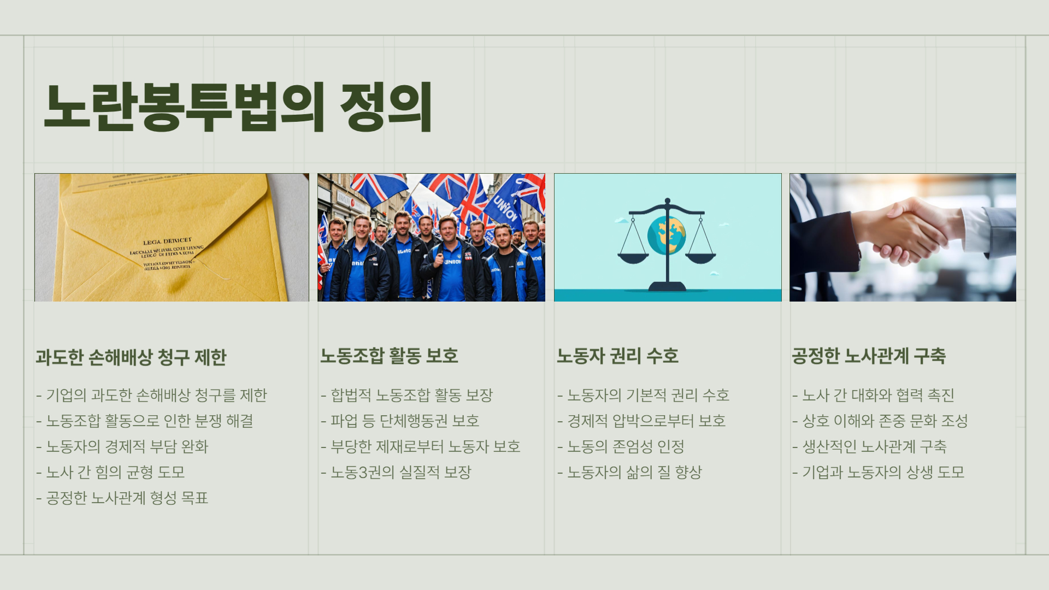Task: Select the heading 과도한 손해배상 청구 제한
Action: click(x=131, y=357)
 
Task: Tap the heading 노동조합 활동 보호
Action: click(x=389, y=356)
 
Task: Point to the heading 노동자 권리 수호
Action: click(x=617, y=356)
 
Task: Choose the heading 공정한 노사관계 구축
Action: click(x=869, y=356)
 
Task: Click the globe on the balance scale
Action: click(x=667, y=235)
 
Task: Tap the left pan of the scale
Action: click(x=633, y=257)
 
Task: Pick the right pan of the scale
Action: click(x=700, y=257)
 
